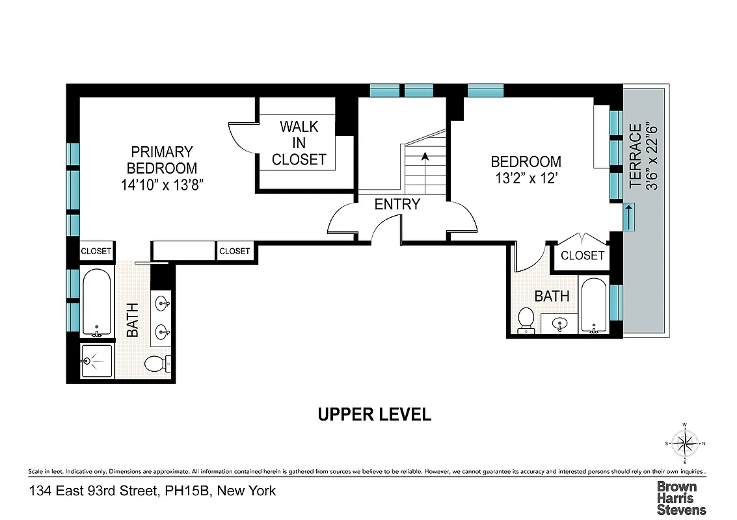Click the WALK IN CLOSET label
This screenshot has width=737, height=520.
pos(299,143)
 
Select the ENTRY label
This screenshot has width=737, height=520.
pos(397,204)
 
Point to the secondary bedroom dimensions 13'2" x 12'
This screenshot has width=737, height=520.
pos(525,179)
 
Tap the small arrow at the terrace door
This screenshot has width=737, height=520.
pos(629,217)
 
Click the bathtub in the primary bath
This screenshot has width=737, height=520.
pos(96,302)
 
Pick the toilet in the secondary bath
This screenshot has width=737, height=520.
pos(526,320)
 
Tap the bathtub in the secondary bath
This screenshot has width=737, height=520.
pos(593,305)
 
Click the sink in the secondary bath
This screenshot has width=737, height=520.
pos(559,322)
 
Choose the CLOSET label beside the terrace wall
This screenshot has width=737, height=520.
pos(582,255)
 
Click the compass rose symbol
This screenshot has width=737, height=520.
pos(684,445)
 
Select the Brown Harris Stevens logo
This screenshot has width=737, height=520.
pos(680,498)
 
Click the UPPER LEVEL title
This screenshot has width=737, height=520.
pos(374,414)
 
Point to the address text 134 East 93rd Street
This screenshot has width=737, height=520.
pos(152,491)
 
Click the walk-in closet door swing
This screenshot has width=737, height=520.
pos(242,136)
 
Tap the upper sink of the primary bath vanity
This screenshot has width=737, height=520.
pos(163,302)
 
